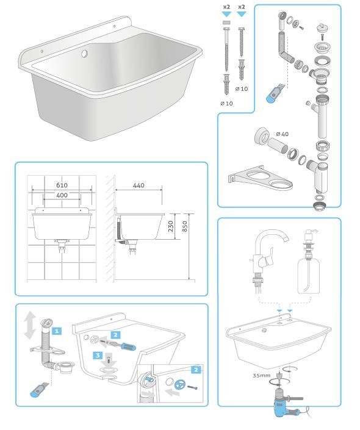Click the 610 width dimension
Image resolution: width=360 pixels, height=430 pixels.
[x=62, y=185]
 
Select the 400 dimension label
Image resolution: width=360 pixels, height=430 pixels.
[x=62, y=195]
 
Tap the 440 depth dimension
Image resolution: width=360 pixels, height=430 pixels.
[x=139, y=185]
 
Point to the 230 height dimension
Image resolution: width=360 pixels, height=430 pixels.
[x=171, y=226]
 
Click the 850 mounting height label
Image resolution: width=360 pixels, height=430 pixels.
[x=185, y=226]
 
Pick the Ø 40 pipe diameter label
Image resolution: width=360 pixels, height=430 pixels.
[x=283, y=134]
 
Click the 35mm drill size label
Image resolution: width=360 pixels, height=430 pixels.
[x=262, y=376]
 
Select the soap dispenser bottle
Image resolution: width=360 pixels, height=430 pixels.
[x=309, y=271]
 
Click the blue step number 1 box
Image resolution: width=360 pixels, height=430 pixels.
[x=57, y=331]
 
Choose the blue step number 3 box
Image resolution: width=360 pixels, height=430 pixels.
[x=98, y=356]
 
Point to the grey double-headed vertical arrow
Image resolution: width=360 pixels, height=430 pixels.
[x=29, y=326]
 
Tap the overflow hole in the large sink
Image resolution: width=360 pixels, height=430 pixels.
[x=84, y=54]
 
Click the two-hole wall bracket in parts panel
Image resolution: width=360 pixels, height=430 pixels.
[x=260, y=177]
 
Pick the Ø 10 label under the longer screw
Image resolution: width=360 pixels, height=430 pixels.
[x=226, y=104]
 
